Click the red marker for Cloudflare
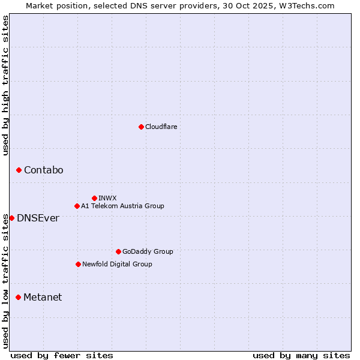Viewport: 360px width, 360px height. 141,127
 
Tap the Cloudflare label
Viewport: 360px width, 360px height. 161,127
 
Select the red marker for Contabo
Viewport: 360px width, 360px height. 19,170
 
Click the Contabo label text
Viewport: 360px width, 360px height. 43,170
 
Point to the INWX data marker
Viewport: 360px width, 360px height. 94,198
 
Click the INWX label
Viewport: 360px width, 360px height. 107,198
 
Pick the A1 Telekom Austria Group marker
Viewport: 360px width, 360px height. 77,206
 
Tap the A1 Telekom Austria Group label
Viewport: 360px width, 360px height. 122,206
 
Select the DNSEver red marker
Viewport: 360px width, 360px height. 11,218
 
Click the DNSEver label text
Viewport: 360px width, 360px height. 38,218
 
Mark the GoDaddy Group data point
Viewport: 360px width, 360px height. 118,251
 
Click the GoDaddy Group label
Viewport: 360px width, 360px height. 147,251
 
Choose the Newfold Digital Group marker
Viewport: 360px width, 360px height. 78,264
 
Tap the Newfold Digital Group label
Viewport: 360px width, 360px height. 117,264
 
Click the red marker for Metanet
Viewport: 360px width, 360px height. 18,297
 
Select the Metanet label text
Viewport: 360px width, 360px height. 43,298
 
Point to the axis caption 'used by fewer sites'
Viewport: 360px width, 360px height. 62,355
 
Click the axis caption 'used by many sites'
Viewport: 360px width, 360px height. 301,355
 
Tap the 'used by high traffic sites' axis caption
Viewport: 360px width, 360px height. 6,85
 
